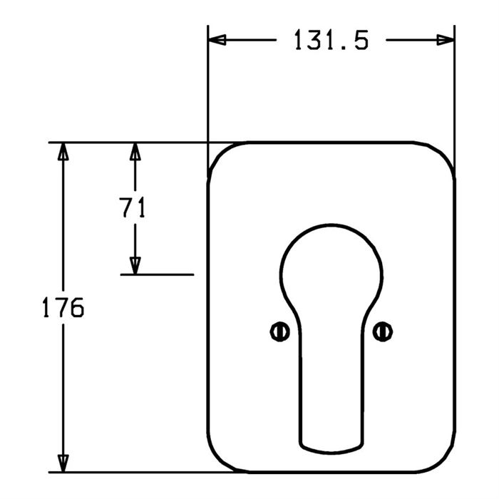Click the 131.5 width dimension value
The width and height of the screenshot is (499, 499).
tap(331, 40)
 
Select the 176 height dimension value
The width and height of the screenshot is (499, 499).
tap(63, 307)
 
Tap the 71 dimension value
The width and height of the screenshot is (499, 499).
tap(133, 207)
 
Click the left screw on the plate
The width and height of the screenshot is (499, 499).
tap(279, 332)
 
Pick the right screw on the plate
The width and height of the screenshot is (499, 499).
tap(383, 331)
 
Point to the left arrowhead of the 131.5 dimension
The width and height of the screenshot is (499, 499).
tap(217, 40)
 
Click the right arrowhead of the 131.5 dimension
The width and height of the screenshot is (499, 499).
tap(446, 40)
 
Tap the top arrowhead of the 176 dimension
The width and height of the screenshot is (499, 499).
tap(63, 151)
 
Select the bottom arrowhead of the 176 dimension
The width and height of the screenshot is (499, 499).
tap(63, 463)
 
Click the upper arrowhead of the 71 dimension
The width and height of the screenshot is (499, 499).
tap(135, 151)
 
